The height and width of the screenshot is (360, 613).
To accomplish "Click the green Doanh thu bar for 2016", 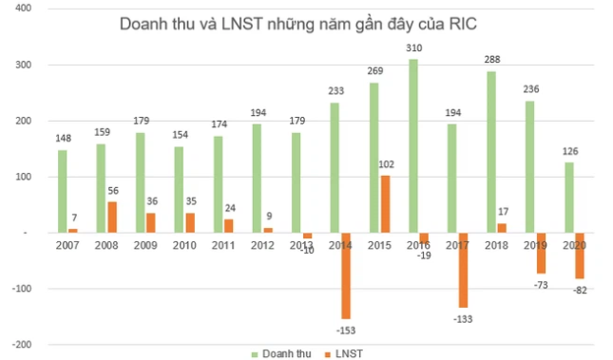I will pyautogui.click(x=412, y=146).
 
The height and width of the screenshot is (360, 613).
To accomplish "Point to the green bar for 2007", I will pyautogui.click(x=63, y=191).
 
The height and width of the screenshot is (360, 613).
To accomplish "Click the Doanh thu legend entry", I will pyautogui.click(x=282, y=353).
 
